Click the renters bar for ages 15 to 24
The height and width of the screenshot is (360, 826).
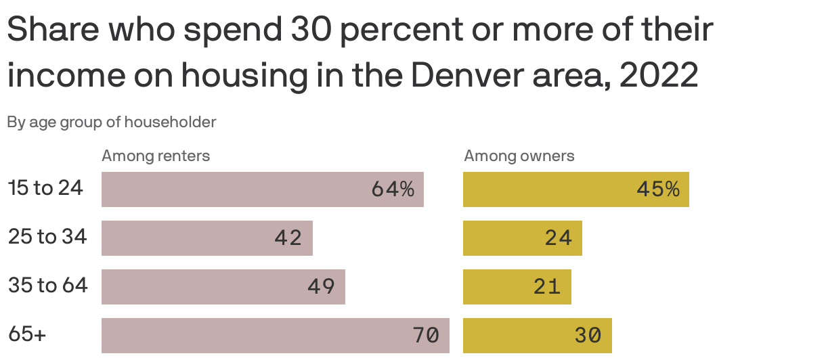[x=263, y=189]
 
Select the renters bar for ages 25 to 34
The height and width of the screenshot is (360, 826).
[x=207, y=238]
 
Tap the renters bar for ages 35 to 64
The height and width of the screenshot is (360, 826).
[x=223, y=287]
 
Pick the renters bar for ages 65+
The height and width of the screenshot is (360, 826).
[x=276, y=336]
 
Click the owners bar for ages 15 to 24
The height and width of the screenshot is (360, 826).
[x=576, y=189]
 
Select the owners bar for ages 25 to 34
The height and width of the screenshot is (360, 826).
[x=523, y=238]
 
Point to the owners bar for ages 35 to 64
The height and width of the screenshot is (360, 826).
[x=517, y=287]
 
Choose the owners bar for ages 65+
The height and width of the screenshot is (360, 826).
[x=538, y=336]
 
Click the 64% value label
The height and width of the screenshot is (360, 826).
[x=393, y=189]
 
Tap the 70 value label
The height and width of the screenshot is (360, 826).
[x=426, y=336]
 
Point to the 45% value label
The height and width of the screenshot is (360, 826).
[x=657, y=189]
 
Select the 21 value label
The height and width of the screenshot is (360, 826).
[x=547, y=287]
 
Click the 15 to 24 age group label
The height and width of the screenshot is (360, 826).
[x=45, y=188]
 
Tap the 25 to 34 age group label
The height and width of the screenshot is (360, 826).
[x=47, y=237]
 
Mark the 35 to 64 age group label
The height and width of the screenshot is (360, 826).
[x=48, y=286]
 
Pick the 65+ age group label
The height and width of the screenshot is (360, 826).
[x=27, y=334]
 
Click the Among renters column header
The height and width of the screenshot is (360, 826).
[x=156, y=156]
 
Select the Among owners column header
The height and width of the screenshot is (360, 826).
[x=519, y=156]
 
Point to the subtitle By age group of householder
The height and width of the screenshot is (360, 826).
[x=112, y=122]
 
